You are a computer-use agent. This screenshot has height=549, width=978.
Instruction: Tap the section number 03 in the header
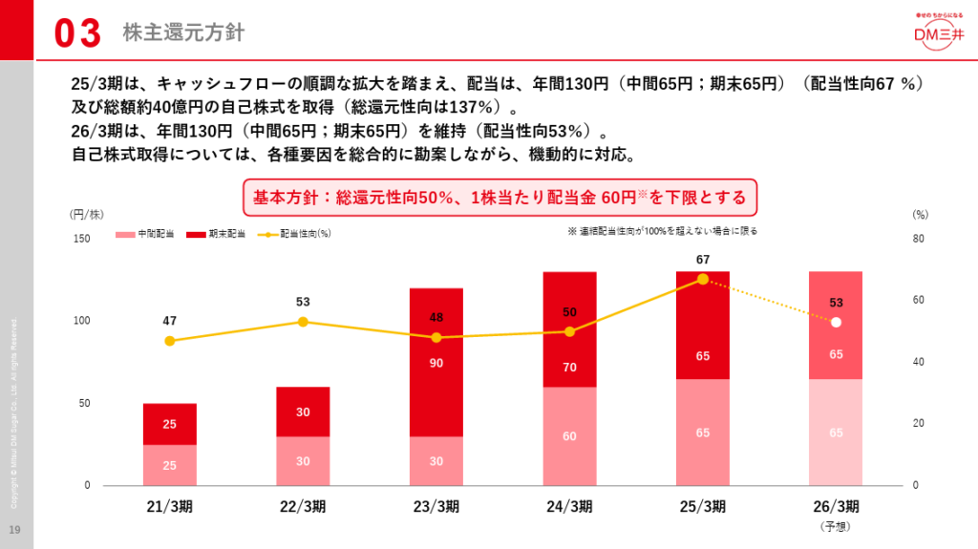(x=77, y=33)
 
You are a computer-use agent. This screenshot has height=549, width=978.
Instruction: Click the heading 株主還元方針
(x=183, y=33)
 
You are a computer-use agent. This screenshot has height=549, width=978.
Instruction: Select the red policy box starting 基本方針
(x=500, y=198)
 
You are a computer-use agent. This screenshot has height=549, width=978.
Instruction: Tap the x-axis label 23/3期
(x=436, y=506)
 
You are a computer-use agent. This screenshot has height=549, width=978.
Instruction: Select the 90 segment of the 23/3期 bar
(x=436, y=363)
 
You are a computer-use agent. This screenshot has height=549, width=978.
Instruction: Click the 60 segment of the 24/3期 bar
(x=570, y=436)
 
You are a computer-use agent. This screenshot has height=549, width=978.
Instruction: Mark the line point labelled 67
(x=703, y=279)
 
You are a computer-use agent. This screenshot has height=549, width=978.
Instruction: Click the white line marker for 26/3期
(x=836, y=322)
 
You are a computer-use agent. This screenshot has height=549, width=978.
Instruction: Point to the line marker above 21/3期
(x=170, y=341)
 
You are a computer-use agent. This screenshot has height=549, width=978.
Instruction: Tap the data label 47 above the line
(x=170, y=321)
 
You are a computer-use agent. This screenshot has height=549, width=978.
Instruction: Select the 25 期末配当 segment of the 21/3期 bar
(x=170, y=424)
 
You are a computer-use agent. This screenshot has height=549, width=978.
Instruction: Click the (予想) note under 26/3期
(x=836, y=526)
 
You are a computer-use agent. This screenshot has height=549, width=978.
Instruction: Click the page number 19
(x=14, y=530)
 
